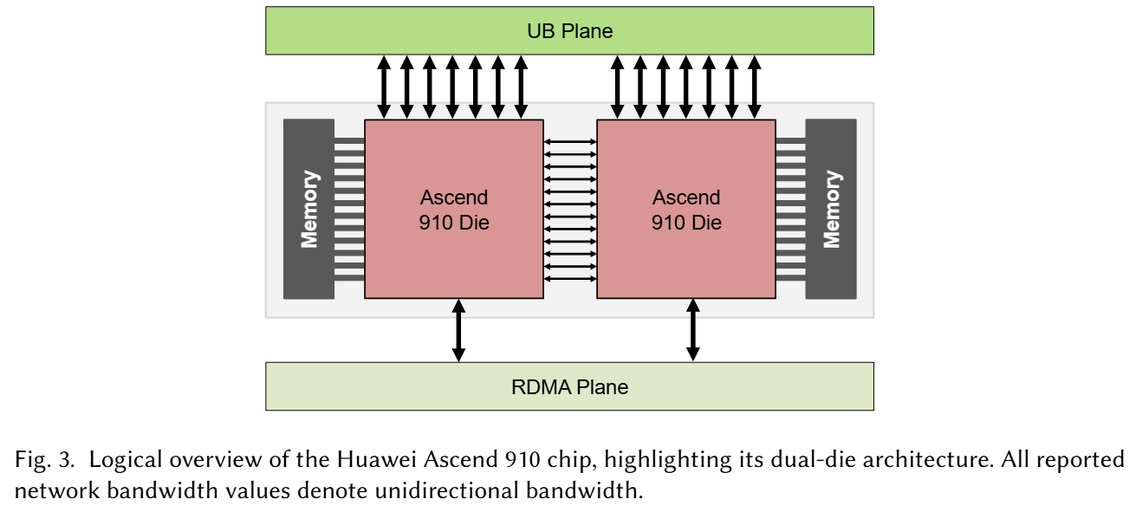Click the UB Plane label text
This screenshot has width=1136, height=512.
569,31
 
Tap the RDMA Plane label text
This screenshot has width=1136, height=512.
569,387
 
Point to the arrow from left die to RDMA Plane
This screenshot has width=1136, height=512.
459,330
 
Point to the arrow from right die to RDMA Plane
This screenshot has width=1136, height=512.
692,330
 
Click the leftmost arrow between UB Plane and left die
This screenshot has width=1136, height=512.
384,87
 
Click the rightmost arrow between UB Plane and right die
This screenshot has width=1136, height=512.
754,87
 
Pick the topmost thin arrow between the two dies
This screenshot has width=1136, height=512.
570,142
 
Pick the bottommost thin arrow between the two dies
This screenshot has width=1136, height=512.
570,279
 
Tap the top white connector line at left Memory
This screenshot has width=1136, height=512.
349,140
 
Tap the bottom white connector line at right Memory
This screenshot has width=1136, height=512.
790,278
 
